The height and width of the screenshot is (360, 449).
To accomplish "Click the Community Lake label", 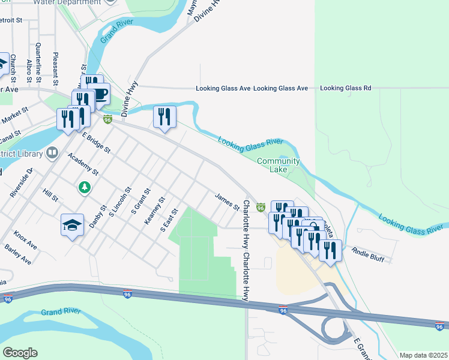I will [x=278, y=165].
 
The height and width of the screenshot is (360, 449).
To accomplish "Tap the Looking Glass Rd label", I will [x=346, y=88].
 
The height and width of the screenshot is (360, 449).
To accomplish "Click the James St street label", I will [x=227, y=201].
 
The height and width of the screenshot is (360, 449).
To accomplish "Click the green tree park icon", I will [x=85, y=188].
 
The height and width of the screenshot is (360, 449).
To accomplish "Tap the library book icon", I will [x=52, y=154].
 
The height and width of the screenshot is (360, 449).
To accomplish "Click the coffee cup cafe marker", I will [x=100, y=94].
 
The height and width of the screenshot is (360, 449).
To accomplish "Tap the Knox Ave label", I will [x=25, y=241].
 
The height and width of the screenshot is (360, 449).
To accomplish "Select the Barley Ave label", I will [x=17, y=255].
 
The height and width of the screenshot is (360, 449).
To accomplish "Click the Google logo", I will [x=20, y=353].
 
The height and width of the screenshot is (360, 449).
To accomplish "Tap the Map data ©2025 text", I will [x=423, y=355].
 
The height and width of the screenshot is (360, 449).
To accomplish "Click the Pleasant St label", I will [x=55, y=66].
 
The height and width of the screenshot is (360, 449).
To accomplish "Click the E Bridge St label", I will [x=97, y=142].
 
